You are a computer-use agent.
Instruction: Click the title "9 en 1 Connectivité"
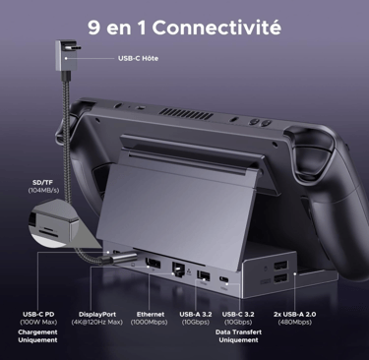coord(184,28)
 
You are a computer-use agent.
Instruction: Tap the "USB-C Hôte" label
coord(138,58)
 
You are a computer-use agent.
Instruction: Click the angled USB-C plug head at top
coord(66,55)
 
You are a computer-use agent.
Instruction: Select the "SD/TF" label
coord(42,183)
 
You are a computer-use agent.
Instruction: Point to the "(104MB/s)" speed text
coord(43,191)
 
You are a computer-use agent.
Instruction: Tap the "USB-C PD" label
coord(38,315)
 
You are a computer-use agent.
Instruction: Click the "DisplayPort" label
coord(97,315)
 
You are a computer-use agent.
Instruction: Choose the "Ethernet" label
coord(151,315)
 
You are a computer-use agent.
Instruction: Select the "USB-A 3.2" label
coord(196,315)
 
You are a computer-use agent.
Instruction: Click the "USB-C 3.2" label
coord(238,315)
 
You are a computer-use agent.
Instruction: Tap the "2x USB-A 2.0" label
coord(295,315)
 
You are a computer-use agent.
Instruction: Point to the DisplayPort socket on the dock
coord(153,264)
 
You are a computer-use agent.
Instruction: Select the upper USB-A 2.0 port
coord(280,265)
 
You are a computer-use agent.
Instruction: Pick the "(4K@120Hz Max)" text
coord(97,323)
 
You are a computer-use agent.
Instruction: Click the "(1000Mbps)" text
coord(149,323)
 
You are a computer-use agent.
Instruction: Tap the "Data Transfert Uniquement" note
coord(238,336)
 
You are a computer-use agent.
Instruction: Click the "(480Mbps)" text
coord(295,323)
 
